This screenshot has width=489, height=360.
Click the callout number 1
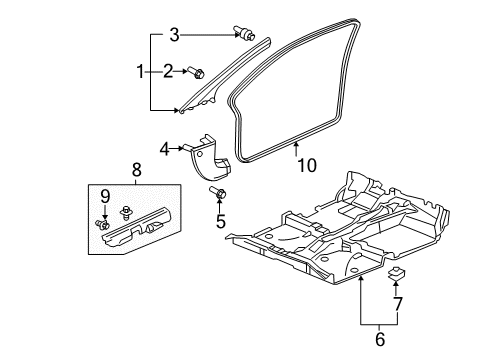pyautogui.click(x=140, y=72)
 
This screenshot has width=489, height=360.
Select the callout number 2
pyautogui.click(x=168, y=71)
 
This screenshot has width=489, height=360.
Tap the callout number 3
pyautogui.click(x=174, y=35)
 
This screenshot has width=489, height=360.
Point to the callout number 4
pyautogui.click(x=164, y=149)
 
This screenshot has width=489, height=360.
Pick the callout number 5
pyautogui.click(x=221, y=221)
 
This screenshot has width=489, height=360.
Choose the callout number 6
pyautogui.click(x=380, y=339)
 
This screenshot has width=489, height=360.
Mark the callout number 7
pyautogui.click(x=398, y=304)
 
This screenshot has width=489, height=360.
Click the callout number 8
pyautogui.click(x=137, y=170)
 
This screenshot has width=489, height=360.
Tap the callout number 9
pyautogui.click(x=105, y=197)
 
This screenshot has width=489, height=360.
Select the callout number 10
pyautogui.click(x=307, y=165)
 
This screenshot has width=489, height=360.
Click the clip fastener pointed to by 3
pyautogui.click(x=244, y=32)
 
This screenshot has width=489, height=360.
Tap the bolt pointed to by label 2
pyautogui.click(x=196, y=72)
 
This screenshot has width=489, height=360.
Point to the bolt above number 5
pyautogui.click(x=218, y=192)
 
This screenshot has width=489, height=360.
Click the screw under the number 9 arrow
pyautogui.click(x=102, y=225)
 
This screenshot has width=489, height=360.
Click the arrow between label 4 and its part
pyautogui.click(x=177, y=149)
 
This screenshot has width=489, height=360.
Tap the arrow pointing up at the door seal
pyautogui.click(x=296, y=149)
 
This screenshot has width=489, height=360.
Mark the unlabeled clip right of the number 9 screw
pyautogui.click(x=126, y=213)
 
